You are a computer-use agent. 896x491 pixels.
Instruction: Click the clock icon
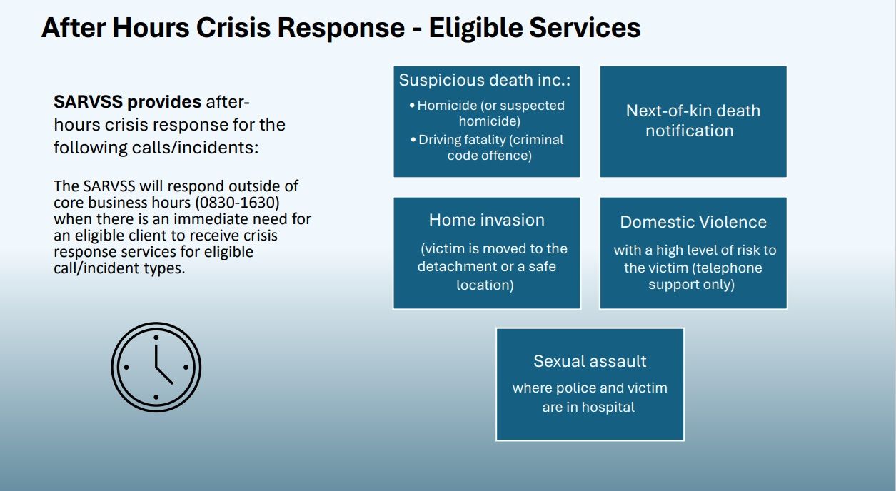(156, 367)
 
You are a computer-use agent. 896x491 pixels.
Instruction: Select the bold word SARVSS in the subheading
(88, 102)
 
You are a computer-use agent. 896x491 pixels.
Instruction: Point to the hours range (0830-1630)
(237, 202)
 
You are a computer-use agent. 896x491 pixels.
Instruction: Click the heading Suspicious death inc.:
(484, 80)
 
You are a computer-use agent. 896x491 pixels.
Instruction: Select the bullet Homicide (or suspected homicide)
(487, 113)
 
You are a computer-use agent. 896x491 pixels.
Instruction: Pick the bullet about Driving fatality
(487, 148)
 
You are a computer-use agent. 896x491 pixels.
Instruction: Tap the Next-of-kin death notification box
(693, 121)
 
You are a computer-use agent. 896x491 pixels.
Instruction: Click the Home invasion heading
(487, 220)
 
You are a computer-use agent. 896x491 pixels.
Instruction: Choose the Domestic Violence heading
(693, 222)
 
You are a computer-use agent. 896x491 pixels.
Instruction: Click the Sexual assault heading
(590, 361)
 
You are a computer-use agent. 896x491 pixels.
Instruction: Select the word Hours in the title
(151, 28)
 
